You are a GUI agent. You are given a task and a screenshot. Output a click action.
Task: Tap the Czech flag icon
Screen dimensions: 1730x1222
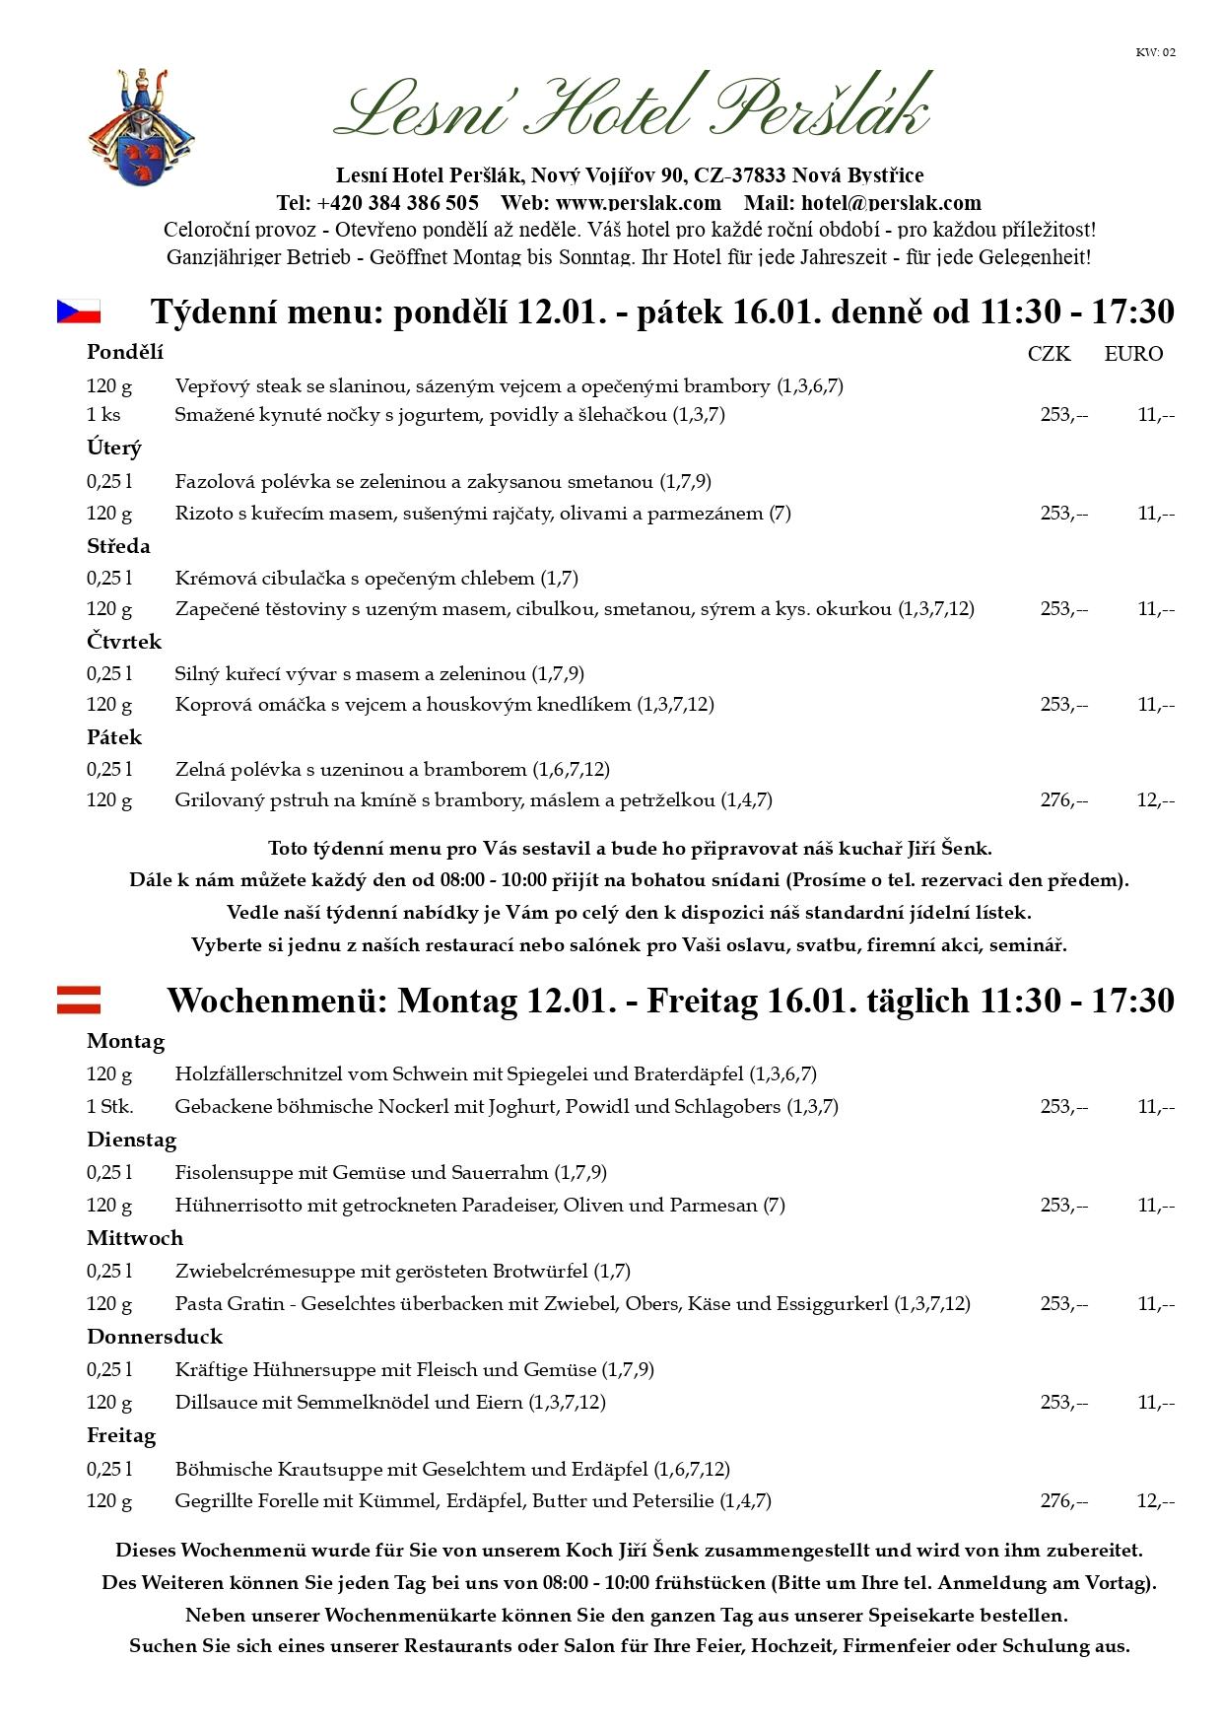[79, 311]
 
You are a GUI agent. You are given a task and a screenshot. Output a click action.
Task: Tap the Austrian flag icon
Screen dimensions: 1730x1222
[79, 1000]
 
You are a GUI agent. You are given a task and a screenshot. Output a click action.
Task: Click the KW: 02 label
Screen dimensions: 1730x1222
[1155, 52]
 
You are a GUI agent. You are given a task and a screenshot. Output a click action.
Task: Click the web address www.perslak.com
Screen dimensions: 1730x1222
[639, 203]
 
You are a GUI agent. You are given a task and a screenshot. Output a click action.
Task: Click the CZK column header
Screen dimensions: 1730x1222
[1049, 354]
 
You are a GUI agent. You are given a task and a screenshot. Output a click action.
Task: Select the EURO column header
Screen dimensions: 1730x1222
[1133, 354]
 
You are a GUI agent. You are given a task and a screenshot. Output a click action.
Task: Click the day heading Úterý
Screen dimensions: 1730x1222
[114, 448]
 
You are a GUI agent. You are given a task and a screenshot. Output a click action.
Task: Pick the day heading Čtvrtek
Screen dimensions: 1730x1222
[124, 642]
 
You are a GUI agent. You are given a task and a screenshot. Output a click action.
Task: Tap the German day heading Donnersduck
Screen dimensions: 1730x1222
[155, 1337]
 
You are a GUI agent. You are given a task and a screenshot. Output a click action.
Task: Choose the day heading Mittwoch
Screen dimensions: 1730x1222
[135, 1238]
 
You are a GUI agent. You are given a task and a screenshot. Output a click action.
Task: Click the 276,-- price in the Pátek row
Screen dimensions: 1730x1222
[1064, 800]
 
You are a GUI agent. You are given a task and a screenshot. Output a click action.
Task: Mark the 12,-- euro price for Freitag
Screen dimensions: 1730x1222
[1155, 1501]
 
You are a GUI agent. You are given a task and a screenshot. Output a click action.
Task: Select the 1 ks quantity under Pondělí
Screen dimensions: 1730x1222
[103, 415]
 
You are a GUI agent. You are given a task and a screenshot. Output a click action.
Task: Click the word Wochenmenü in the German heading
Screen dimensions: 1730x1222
[277, 1001]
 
